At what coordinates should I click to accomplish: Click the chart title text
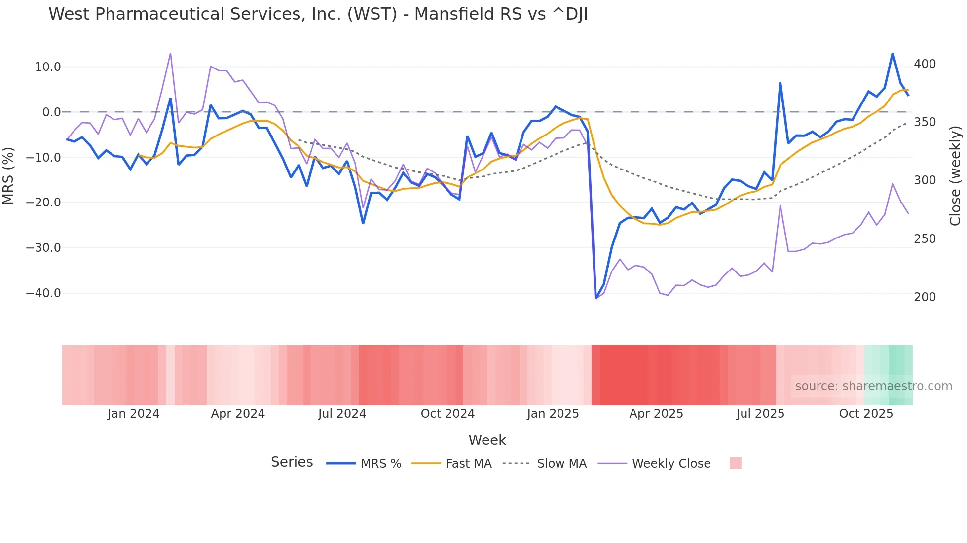click(318, 14)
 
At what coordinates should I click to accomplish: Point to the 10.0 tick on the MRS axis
click(48, 67)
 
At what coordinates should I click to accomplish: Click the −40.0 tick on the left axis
click(43, 293)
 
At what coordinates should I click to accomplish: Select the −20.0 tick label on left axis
click(43, 203)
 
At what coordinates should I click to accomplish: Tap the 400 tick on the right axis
click(925, 64)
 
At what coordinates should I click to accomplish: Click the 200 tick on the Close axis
click(925, 297)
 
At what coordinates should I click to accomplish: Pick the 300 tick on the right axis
click(925, 180)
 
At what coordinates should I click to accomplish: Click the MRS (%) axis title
click(8, 175)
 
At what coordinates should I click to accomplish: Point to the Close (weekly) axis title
click(955, 175)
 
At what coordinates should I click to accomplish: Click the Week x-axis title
click(487, 440)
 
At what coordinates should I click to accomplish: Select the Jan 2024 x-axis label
click(133, 414)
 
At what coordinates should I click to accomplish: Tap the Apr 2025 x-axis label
click(656, 414)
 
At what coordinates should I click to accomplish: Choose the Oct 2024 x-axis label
click(447, 414)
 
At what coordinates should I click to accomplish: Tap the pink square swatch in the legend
click(735, 463)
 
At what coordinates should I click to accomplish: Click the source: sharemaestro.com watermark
click(873, 386)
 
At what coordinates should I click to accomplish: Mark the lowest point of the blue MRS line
click(596, 298)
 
